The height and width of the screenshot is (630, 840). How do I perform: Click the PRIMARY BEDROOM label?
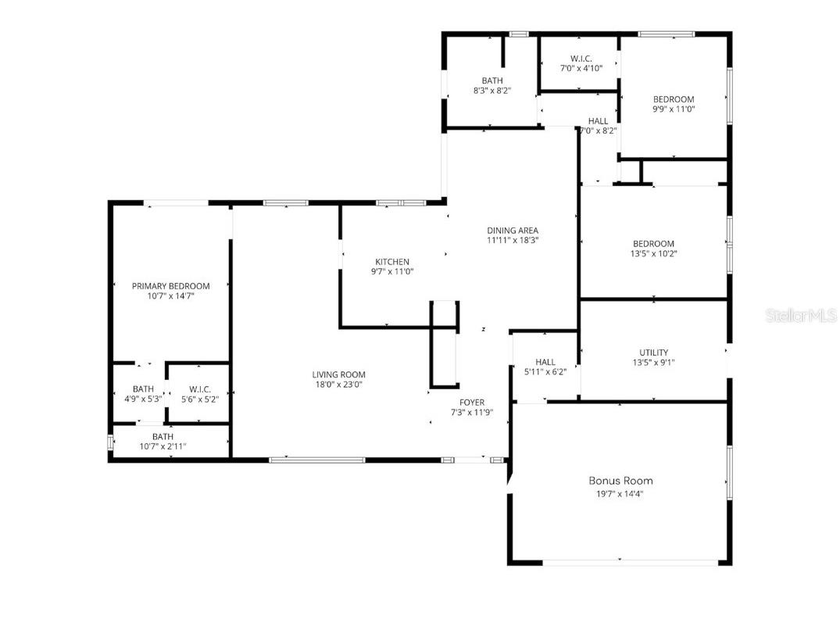tap(170, 286)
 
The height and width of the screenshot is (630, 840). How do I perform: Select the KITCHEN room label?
tap(391, 262)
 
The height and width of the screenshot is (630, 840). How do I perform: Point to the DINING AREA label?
tap(513, 231)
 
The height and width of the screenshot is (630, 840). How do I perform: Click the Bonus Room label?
tap(620, 481)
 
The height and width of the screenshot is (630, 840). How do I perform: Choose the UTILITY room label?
tap(652, 353)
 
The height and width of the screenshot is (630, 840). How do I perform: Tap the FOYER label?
tap(471, 403)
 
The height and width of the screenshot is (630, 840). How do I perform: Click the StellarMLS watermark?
tap(801, 316)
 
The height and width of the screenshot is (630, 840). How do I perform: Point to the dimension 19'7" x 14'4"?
tap(620, 494)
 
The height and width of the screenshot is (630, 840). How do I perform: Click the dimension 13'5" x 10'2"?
tap(652, 253)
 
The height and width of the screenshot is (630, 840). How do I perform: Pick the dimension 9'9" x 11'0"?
tap(674, 109)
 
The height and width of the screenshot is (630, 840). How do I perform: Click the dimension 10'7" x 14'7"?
tap(170, 296)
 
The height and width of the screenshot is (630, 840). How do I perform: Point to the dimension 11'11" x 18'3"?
tap(513, 241)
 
